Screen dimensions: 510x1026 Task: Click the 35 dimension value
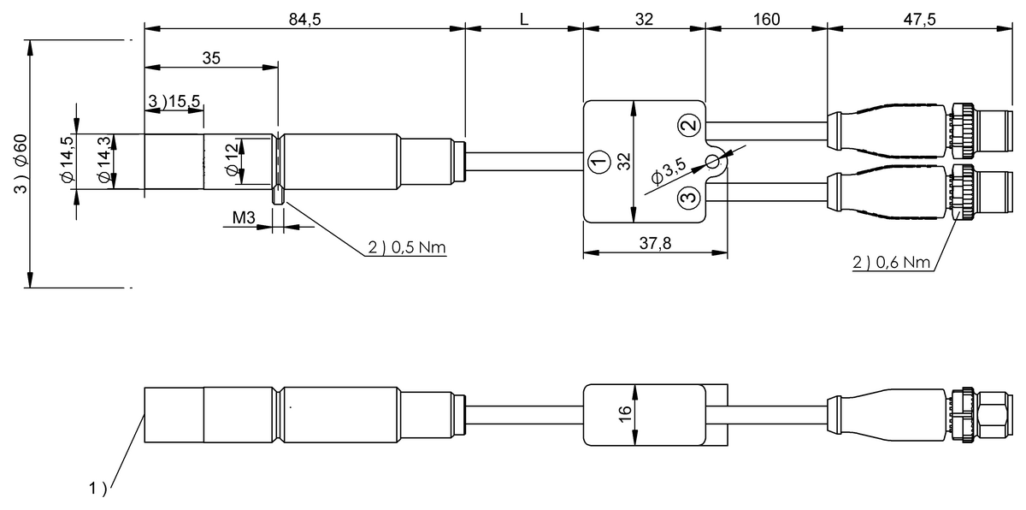point(211,58)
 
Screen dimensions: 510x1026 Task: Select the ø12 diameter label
point(232,160)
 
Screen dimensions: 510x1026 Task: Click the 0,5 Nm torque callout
point(407,247)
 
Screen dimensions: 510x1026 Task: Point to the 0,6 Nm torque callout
point(891,263)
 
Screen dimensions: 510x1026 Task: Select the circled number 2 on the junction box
point(688,125)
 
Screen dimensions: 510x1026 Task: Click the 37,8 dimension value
point(654,244)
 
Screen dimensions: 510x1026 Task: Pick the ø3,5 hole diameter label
point(668,174)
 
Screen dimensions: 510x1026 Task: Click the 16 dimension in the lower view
point(625,414)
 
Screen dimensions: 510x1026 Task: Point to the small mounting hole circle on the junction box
point(712,162)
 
